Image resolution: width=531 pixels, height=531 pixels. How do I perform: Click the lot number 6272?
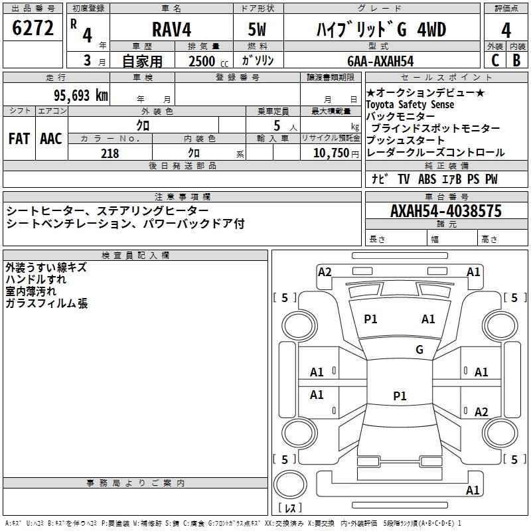(33, 29)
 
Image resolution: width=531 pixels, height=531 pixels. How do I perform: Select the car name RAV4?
(171, 30)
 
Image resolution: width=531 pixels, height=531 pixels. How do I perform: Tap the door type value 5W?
(258, 30)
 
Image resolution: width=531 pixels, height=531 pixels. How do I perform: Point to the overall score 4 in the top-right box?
(506, 30)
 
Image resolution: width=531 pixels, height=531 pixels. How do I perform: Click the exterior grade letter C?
(494, 60)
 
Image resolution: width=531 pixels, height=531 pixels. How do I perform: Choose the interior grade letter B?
(516, 60)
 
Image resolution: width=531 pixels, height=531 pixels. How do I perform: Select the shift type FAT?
(19, 139)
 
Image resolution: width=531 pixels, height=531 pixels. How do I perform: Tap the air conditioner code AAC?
(50, 139)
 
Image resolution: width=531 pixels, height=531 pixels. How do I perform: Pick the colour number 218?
(110, 153)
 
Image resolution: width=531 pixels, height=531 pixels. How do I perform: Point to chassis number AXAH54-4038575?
(446, 212)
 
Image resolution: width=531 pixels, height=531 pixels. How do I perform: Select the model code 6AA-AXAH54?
(381, 61)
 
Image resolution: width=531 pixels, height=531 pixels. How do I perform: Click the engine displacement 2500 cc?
(207, 61)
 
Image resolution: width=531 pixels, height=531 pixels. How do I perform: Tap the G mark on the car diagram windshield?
(419, 350)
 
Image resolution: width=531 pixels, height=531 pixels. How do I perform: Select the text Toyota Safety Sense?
(410, 105)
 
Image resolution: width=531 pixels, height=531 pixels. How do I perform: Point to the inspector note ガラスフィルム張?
(46, 303)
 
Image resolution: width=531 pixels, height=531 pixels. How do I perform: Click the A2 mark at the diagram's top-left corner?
(325, 271)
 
